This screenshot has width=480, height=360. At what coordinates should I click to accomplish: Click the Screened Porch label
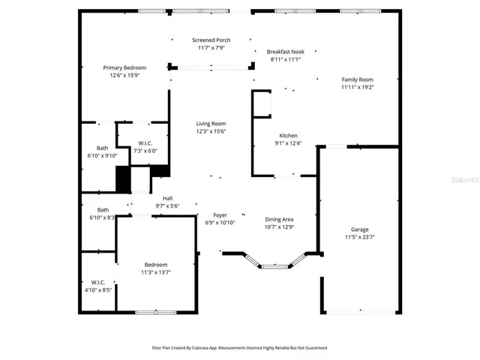coord(211,40)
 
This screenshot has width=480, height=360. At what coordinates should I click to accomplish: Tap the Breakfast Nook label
coord(285,51)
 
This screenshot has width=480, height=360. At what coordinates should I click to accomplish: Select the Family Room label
coord(357,79)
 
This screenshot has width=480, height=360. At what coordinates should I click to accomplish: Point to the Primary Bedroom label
coord(124,67)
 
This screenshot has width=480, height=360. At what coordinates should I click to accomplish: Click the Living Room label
coord(211,124)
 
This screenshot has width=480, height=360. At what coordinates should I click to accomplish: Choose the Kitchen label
coord(289,136)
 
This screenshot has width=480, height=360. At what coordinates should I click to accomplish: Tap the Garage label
coord(360,229)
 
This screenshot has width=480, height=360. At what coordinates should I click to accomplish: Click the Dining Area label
coord(279,219)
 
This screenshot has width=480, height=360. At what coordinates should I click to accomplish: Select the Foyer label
coord(220,214)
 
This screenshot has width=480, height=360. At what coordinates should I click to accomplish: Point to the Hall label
coord(167,198)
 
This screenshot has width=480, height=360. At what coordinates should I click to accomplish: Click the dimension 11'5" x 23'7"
coord(360,237)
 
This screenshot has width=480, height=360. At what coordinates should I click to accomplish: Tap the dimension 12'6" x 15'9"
coord(124,75)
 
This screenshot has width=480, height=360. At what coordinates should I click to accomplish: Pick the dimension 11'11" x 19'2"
coord(357,87)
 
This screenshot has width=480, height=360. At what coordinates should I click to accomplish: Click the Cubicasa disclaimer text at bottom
coord(240,348)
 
